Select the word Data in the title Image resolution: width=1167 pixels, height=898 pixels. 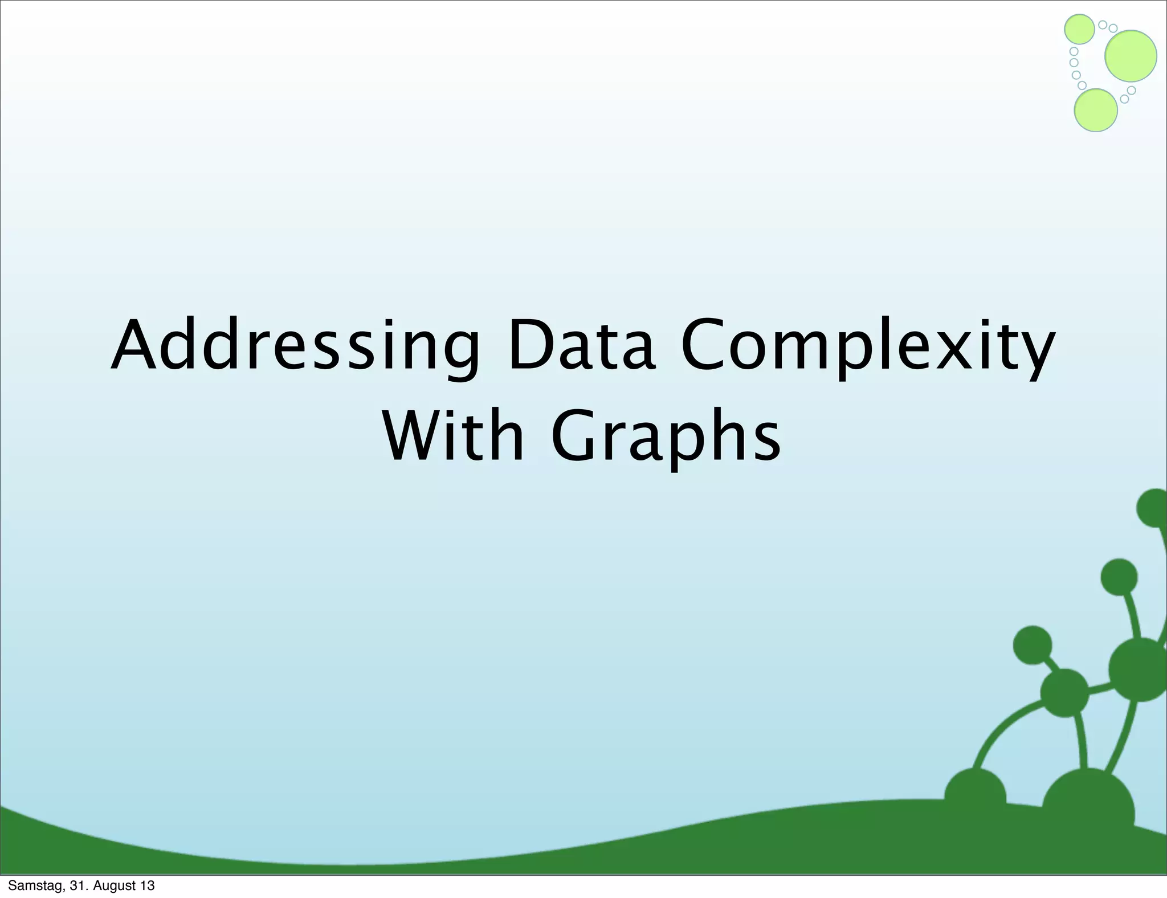click(581, 345)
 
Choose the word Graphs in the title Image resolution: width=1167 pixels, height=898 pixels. click(666, 436)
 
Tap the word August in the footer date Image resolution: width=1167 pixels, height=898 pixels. click(112, 885)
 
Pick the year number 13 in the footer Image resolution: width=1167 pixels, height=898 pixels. click(146, 885)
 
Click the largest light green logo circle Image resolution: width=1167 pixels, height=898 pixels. click(1131, 56)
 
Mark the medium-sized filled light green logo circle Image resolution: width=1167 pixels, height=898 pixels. click(1095, 111)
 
